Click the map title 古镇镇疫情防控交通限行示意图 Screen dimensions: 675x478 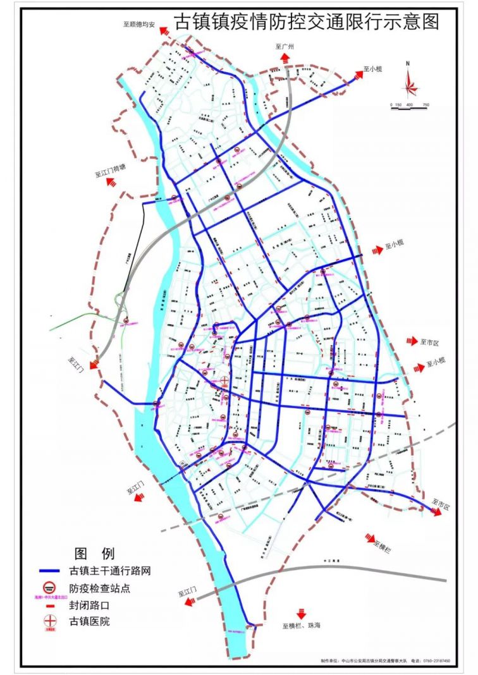[306, 22]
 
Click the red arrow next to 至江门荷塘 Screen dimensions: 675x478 [112, 182]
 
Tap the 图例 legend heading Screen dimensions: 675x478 [95, 554]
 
